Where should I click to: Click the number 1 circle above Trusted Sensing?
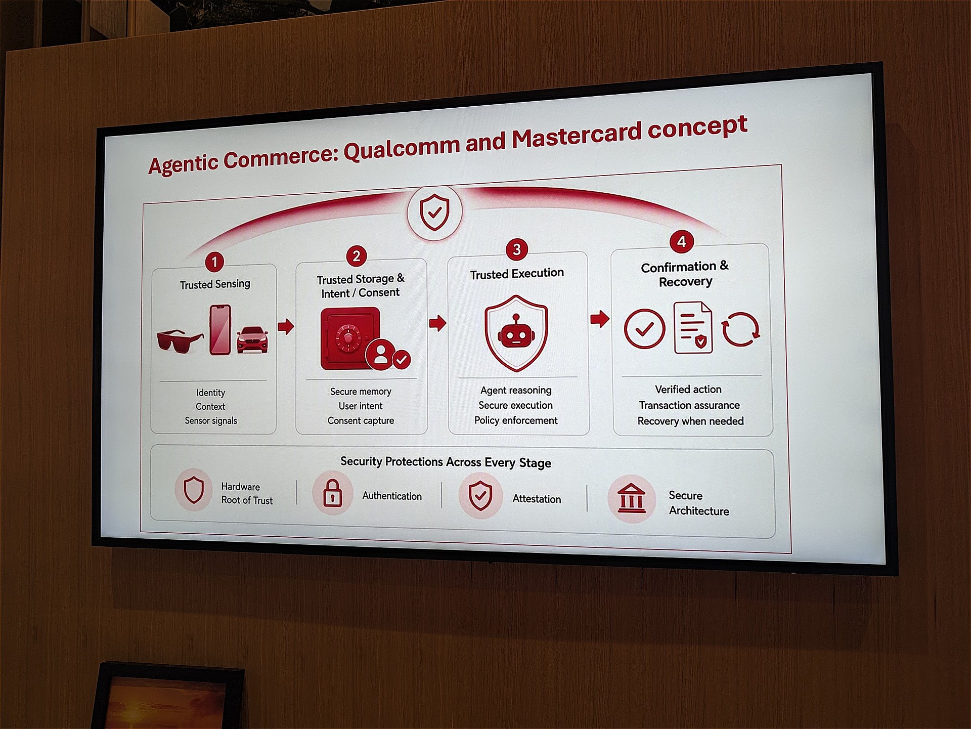(x=214, y=262)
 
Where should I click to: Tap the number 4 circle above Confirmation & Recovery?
(x=681, y=241)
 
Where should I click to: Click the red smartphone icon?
(x=220, y=329)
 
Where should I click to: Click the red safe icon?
(x=349, y=339)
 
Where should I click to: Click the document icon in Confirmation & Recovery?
(x=693, y=327)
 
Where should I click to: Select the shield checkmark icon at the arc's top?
(x=434, y=212)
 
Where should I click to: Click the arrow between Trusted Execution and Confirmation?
(x=600, y=319)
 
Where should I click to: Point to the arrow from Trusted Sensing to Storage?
(x=286, y=326)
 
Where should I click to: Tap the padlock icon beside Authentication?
(x=332, y=493)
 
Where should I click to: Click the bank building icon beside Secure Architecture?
(x=631, y=498)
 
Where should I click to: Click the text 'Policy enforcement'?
(x=516, y=420)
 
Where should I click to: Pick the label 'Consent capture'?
(x=361, y=420)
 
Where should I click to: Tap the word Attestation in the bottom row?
(x=537, y=499)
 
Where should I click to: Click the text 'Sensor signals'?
(x=211, y=420)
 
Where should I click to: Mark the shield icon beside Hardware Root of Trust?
(x=194, y=490)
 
